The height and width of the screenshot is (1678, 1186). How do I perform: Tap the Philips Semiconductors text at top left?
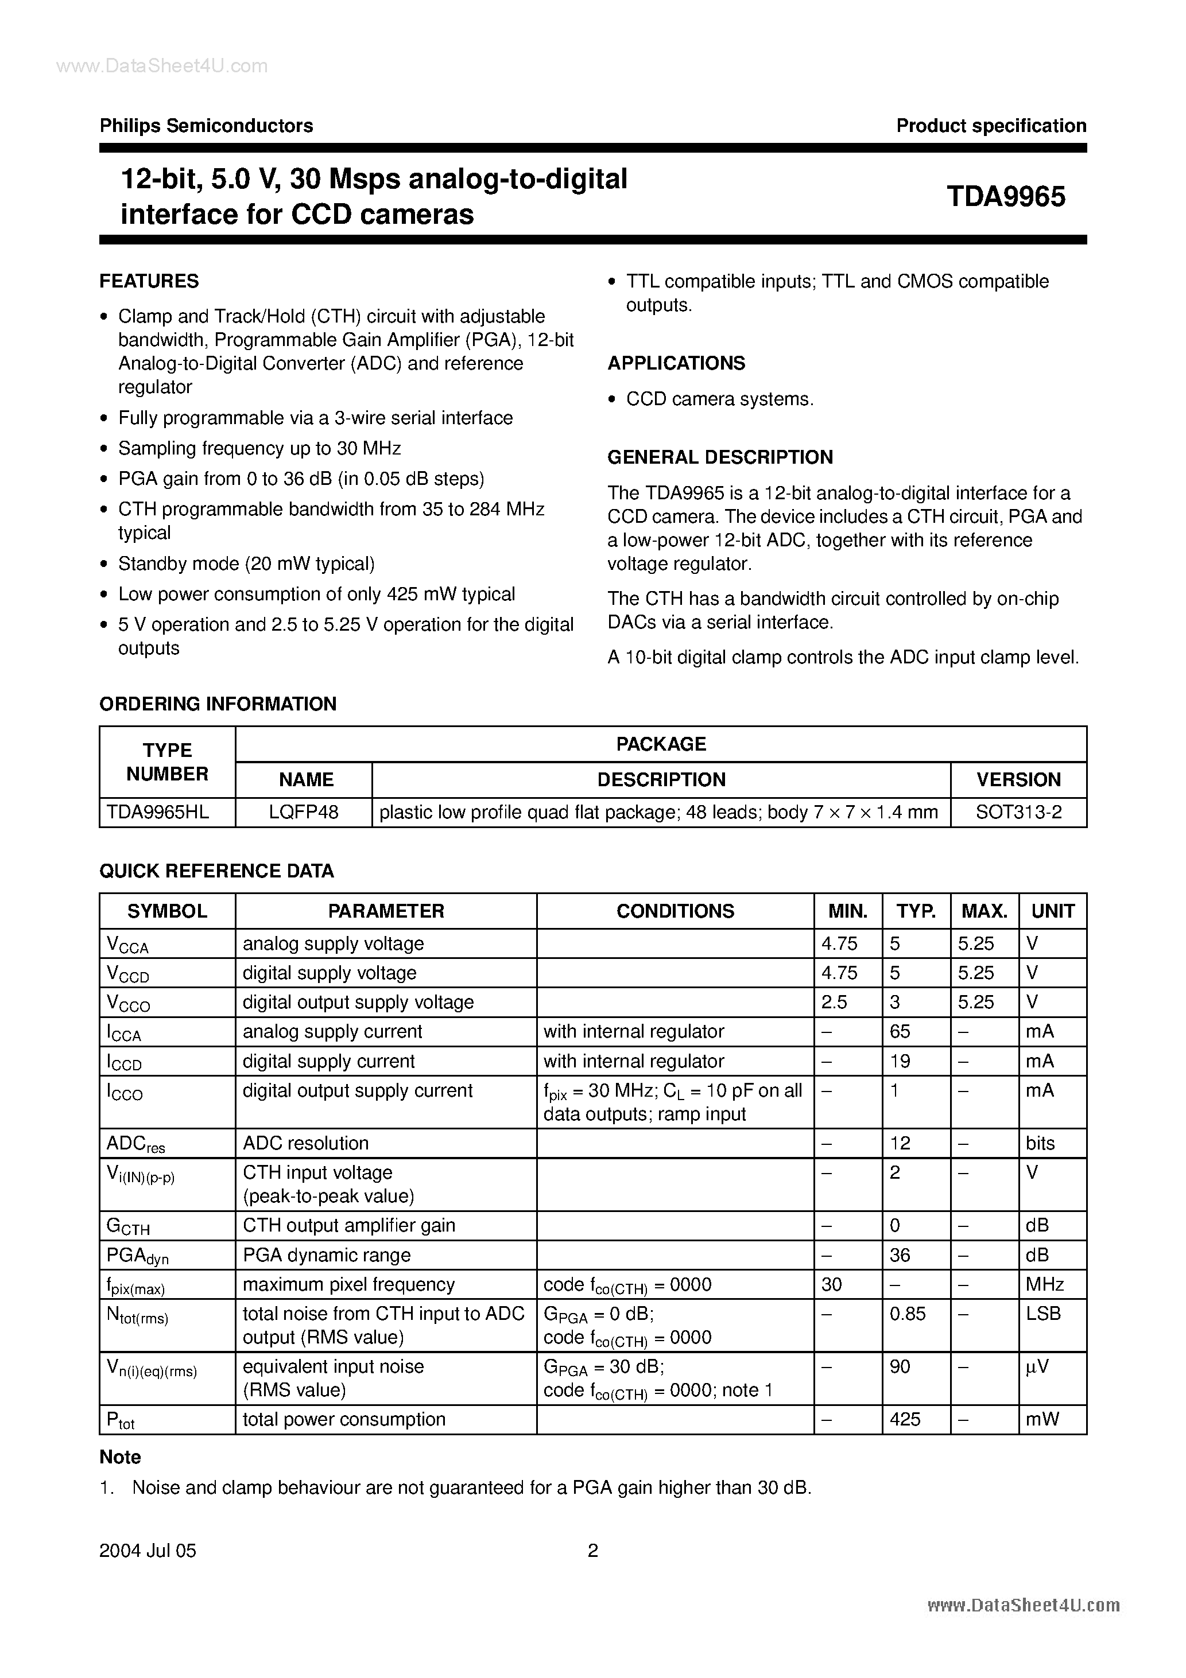[x=206, y=126]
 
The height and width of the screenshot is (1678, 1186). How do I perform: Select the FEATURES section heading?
[x=149, y=281]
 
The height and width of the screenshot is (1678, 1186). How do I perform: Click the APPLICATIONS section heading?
[x=676, y=363]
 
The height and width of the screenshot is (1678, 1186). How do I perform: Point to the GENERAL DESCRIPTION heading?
[x=720, y=457]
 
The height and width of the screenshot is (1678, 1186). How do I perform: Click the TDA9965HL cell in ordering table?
[x=158, y=813]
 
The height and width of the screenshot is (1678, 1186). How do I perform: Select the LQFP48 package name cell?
[x=304, y=813]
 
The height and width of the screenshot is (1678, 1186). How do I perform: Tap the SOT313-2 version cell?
[x=1018, y=813]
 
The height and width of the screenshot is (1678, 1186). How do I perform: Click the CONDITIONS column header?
[x=675, y=911]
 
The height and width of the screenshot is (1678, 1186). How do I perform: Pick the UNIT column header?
[x=1052, y=911]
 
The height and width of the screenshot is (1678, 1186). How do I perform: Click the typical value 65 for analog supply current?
[x=900, y=1031]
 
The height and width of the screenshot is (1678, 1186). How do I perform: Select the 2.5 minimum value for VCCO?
[x=834, y=1002]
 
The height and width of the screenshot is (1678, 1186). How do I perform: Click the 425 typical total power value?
[x=905, y=1419]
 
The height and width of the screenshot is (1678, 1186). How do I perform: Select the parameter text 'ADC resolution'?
[x=305, y=1143]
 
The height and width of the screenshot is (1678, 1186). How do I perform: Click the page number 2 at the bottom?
[x=593, y=1550]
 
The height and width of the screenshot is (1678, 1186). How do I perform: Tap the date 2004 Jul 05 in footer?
[x=148, y=1551]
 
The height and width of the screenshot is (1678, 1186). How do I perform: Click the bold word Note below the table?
[x=120, y=1457]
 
